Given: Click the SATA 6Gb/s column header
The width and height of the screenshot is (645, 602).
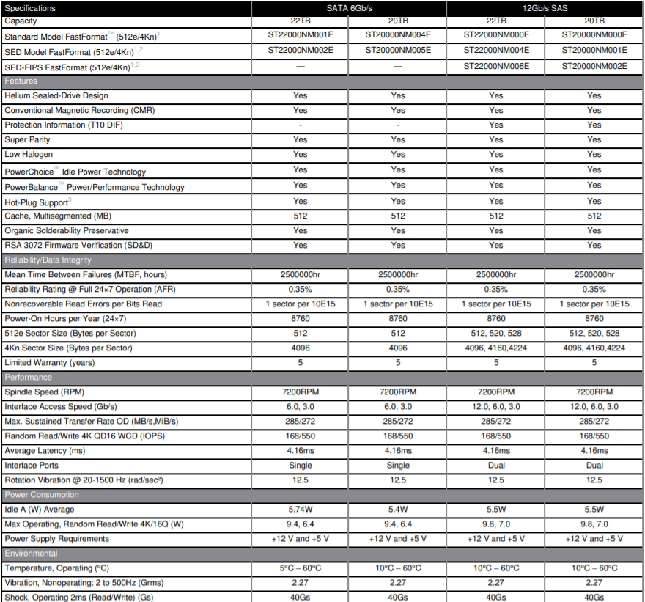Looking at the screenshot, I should coord(348,8).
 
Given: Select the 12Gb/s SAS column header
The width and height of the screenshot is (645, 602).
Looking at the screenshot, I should coord(545,8).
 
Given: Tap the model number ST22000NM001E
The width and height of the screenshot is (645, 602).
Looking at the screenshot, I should coord(300,34).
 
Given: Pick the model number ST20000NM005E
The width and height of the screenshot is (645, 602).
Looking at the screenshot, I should coord(398,50).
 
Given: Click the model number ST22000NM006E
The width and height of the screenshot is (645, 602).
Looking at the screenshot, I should coord(496,66).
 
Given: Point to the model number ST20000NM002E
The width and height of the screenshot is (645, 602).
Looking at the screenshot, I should coord(594,66).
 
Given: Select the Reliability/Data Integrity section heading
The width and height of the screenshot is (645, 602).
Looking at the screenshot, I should coord(48,260).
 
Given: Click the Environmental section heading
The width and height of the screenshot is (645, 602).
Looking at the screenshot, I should coord(31,554).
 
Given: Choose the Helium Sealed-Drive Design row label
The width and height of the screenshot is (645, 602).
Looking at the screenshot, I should coord(56,96).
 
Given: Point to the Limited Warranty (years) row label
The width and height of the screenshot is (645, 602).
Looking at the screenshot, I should coord(49,363).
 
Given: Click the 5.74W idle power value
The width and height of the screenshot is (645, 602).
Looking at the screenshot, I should coord(300,510).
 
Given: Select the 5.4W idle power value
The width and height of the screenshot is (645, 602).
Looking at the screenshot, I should coord(398,510).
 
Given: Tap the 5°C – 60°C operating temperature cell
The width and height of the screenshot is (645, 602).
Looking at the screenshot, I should coord(300,568).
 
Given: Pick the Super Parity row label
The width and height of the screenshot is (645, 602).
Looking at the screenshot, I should coord(27,140).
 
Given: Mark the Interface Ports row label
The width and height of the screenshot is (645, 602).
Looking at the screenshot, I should coord(32,466).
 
